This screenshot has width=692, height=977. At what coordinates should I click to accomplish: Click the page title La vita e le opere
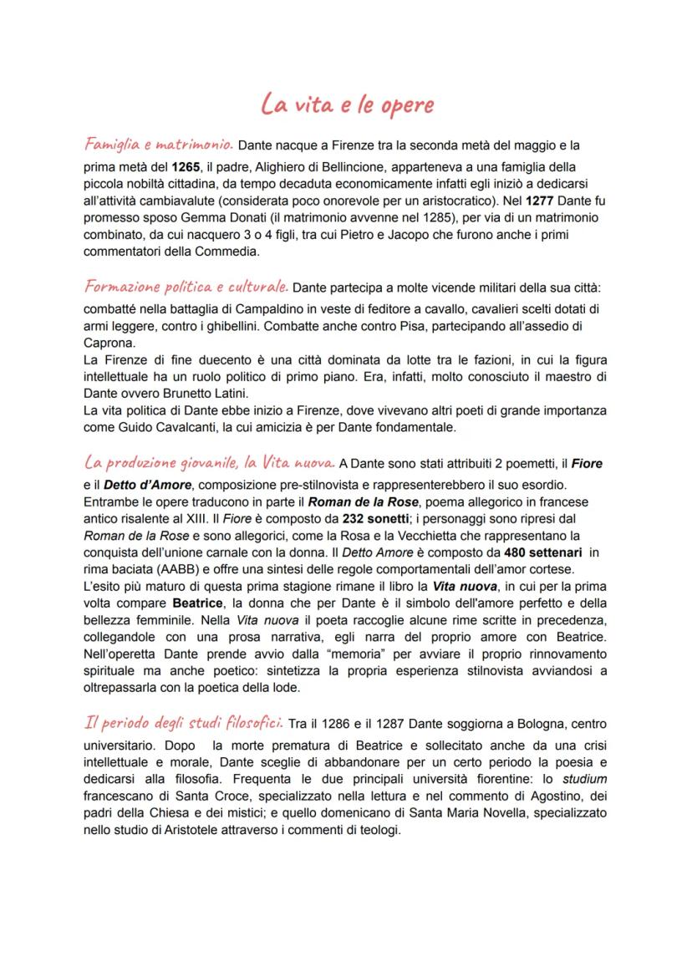[x=347, y=105]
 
